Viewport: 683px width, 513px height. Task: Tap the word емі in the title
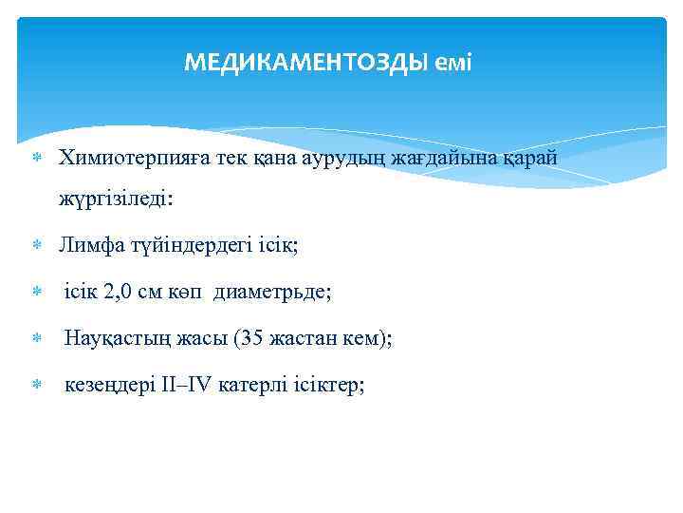(454, 64)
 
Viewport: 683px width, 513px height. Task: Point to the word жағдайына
(421, 157)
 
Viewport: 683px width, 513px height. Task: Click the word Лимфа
(89, 245)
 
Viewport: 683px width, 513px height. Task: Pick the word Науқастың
(114, 338)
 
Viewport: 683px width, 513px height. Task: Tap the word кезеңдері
(106, 385)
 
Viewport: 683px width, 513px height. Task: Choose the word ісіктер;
(327, 385)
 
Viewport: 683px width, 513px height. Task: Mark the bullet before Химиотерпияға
(36, 158)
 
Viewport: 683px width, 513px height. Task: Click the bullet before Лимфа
(36, 246)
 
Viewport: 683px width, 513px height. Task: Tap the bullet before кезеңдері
(36, 386)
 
